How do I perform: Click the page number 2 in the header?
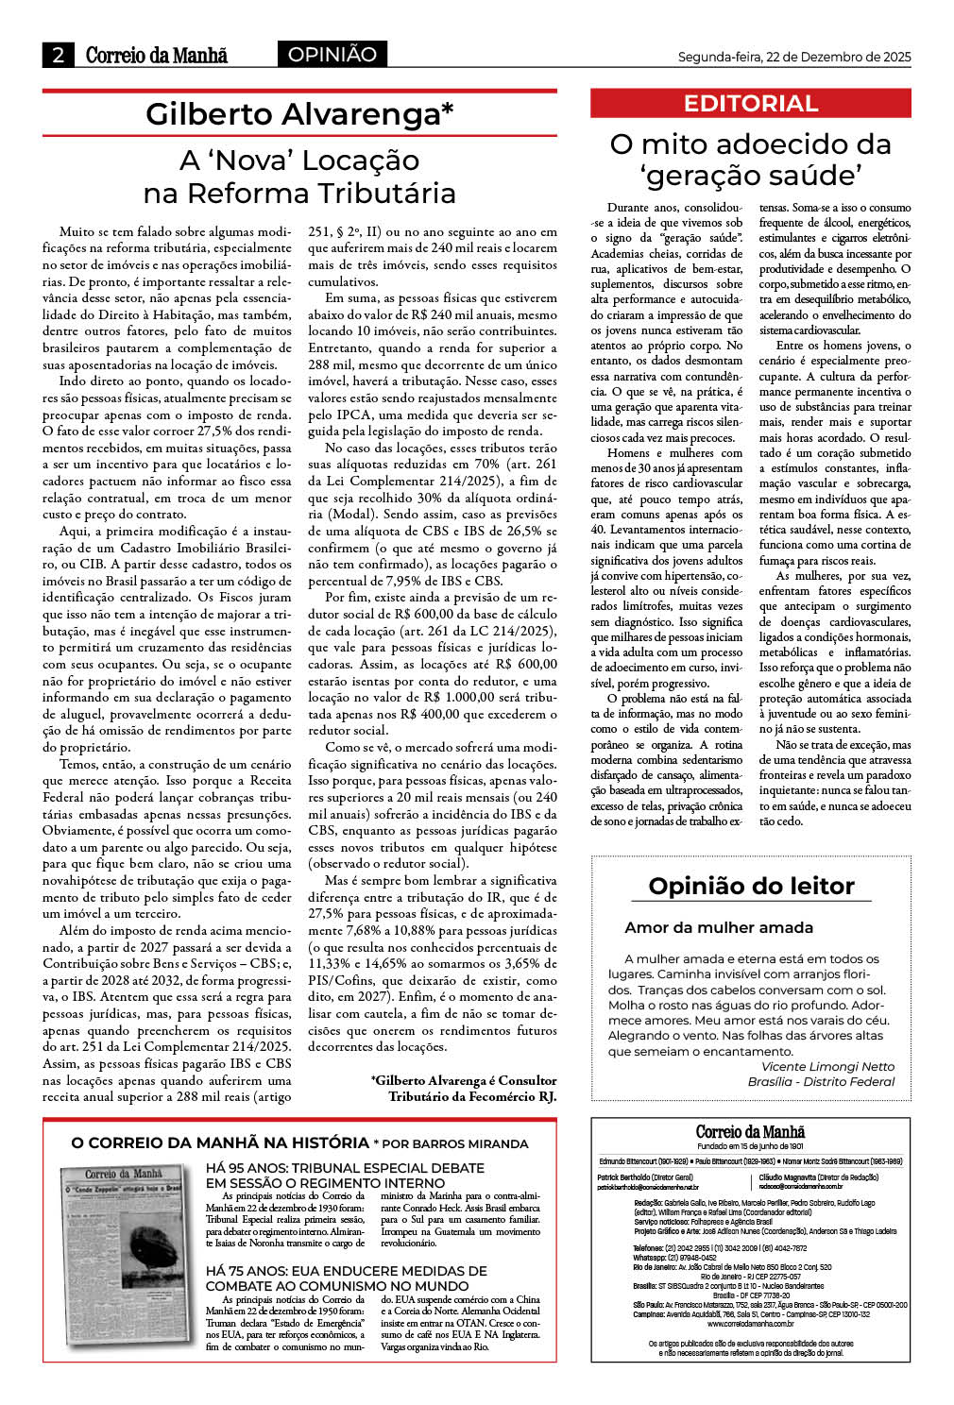pyautogui.click(x=58, y=55)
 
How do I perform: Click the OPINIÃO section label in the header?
pyautogui.click(x=332, y=55)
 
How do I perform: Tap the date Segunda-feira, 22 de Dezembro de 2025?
pyautogui.click(x=793, y=58)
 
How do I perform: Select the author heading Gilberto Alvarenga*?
pyautogui.click(x=299, y=114)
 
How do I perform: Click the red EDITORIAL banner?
pyautogui.click(x=750, y=103)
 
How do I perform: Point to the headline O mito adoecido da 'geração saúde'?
pyautogui.click(x=750, y=160)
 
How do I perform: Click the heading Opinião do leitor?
pyautogui.click(x=751, y=886)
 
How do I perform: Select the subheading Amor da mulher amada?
pyautogui.click(x=718, y=927)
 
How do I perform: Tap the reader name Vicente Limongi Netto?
pyautogui.click(x=827, y=1066)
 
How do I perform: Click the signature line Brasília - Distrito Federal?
pyautogui.click(x=820, y=1081)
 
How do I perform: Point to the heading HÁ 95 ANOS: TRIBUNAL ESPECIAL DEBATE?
pyautogui.click(x=345, y=1168)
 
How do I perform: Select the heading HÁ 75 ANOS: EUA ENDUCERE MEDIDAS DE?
pyautogui.click(x=346, y=1271)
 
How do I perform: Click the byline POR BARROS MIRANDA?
pyautogui.click(x=455, y=1143)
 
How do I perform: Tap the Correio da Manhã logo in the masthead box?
pyautogui.click(x=750, y=1132)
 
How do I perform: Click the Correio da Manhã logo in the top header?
pyautogui.click(x=156, y=55)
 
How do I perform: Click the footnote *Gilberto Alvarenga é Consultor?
pyautogui.click(x=463, y=1080)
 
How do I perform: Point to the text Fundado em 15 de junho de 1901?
pyautogui.click(x=750, y=1146)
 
